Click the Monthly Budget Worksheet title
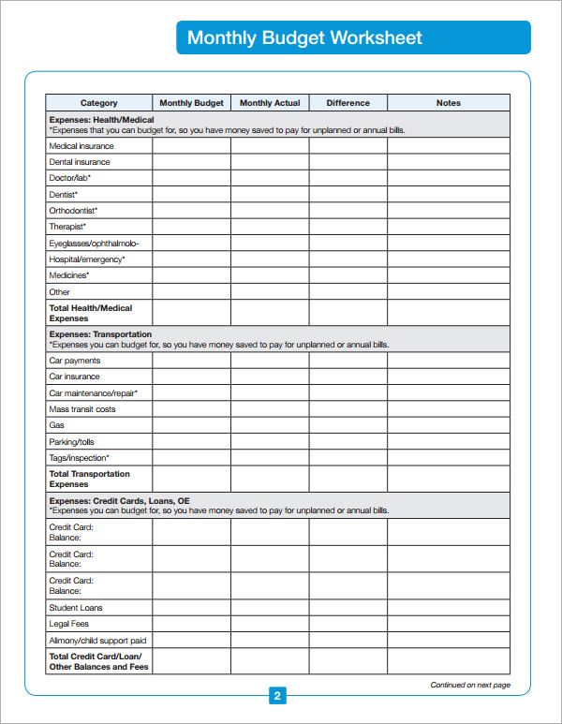(304, 37)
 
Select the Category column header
(99, 103)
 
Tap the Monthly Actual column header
(270, 103)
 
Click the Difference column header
(348, 103)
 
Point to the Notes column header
(449, 103)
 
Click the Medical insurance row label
(81, 146)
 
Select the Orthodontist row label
(73, 211)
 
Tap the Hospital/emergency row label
(87, 259)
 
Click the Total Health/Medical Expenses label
(90, 313)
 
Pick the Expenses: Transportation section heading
(100, 334)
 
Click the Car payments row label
(75, 361)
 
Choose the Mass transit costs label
(82, 409)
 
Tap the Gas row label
(56, 425)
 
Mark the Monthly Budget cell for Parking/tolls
(191, 441)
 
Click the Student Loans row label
(76, 608)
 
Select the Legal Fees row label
(69, 624)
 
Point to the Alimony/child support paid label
(97, 641)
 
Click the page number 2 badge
(277, 696)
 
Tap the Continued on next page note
(470, 686)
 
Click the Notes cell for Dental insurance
(449, 162)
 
